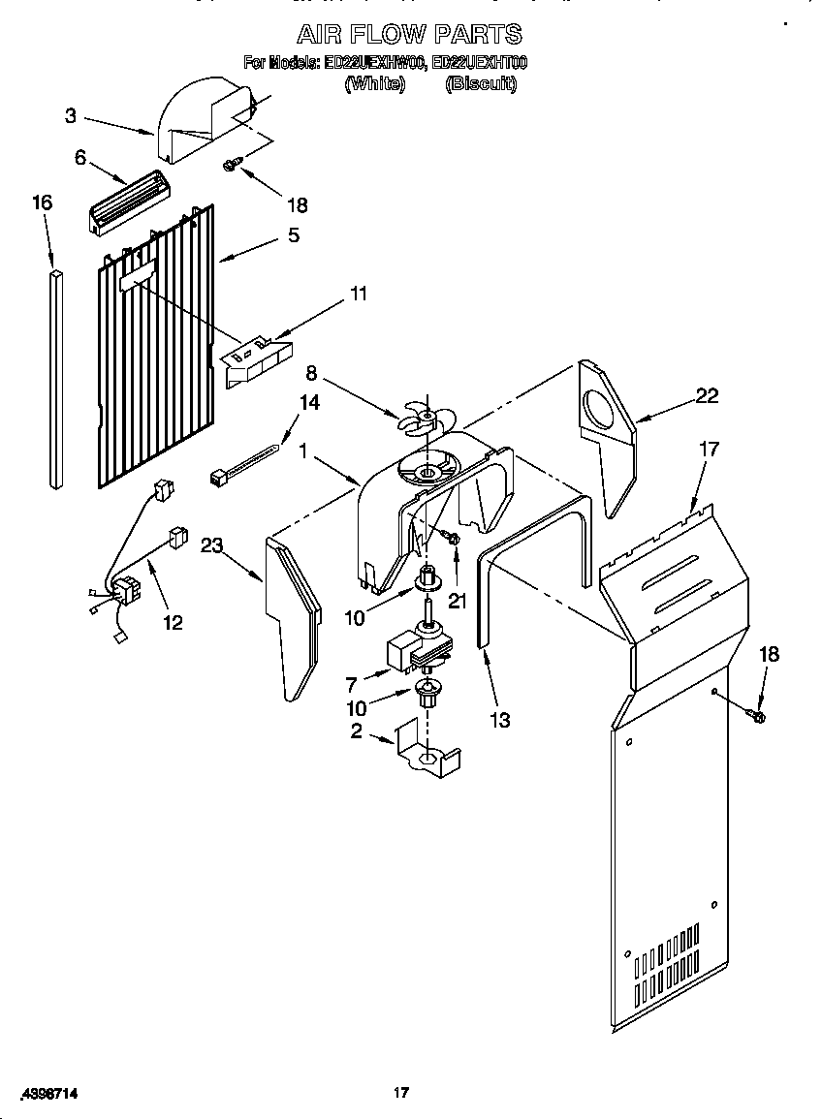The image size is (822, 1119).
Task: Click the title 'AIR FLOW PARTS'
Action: [x=409, y=35]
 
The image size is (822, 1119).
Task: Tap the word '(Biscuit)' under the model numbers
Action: [x=481, y=84]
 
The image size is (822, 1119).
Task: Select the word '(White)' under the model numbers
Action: [x=374, y=84]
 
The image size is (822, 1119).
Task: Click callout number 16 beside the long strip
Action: [x=42, y=202]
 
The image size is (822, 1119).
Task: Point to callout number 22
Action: [x=708, y=394]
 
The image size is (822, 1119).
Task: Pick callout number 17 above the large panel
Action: [x=710, y=449]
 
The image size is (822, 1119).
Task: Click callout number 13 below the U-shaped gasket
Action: [x=500, y=720]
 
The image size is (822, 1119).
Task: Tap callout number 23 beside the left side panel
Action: [x=212, y=545]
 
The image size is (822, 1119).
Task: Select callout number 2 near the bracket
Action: [x=357, y=731]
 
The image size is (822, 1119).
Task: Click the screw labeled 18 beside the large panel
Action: [x=757, y=716]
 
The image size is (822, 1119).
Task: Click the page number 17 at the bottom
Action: [x=400, y=1093]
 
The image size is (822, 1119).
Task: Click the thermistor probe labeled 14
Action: [x=246, y=462]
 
